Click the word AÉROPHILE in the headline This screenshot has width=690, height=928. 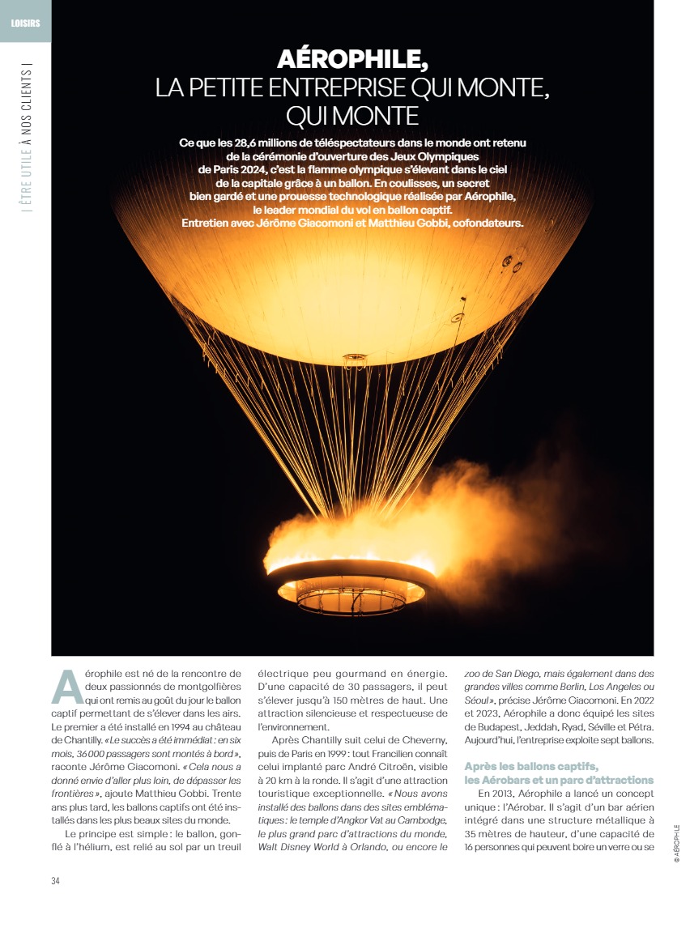[352, 59]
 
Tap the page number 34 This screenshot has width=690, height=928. [56, 881]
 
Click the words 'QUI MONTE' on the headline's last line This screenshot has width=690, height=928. [352, 116]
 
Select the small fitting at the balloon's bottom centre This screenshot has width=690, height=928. [354, 357]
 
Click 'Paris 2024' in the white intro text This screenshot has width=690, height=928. [228, 170]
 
